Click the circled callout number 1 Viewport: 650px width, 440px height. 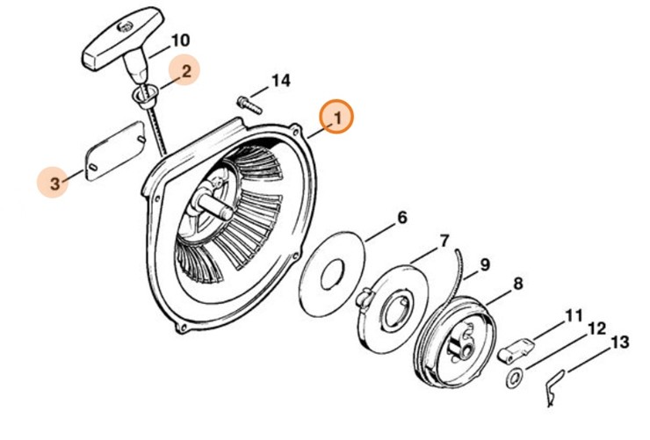[336, 117]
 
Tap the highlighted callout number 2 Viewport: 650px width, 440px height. [185, 70]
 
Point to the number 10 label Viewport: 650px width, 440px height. [179, 40]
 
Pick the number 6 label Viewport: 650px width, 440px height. [401, 217]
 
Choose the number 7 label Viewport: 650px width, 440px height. [444, 240]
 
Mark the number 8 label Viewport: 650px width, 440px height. [517, 284]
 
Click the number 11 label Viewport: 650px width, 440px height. [574, 314]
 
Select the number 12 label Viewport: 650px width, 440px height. [596, 328]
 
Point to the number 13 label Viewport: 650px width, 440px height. [619, 342]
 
